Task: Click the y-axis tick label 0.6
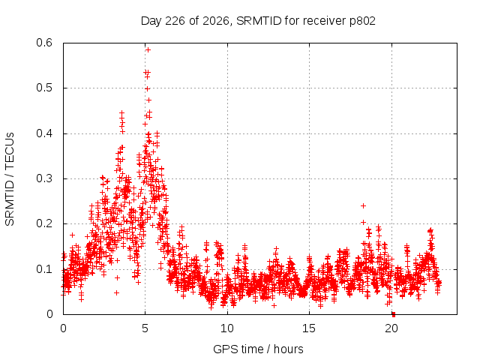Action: coord(44,43)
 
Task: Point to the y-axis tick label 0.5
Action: coord(44,88)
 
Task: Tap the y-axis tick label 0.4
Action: coord(44,133)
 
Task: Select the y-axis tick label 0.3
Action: coord(44,178)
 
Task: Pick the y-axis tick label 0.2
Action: coord(44,223)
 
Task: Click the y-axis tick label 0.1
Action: coord(44,269)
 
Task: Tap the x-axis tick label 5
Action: coord(145,328)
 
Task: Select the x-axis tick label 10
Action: coord(227,328)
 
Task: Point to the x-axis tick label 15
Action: coord(309,328)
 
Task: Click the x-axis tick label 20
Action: coord(391,328)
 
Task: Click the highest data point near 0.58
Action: coord(148,50)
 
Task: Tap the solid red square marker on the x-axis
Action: coord(394,314)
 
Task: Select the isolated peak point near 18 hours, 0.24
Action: coord(363,205)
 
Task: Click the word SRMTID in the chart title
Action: coord(259,21)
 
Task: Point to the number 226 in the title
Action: coord(175,21)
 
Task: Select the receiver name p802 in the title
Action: coord(363,22)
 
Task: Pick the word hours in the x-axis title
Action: coord(289,349)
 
